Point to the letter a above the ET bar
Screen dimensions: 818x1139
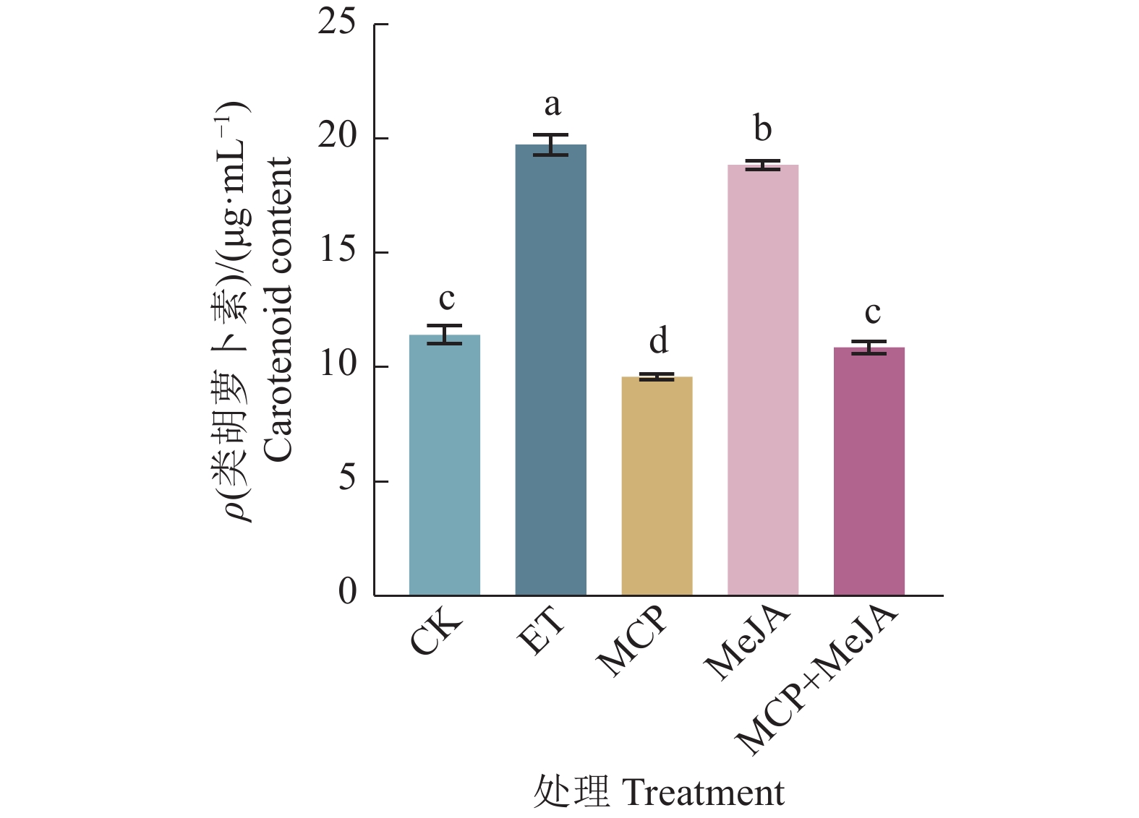(552, 106)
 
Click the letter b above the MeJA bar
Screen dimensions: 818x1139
(762, 129)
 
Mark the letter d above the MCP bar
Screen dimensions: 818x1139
(658, 340)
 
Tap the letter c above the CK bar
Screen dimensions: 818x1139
(446, 298)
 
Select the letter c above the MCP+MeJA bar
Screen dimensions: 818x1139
(872, 312)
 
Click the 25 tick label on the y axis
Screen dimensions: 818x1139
(336, 23)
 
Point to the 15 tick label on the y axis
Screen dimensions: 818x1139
(336, 251)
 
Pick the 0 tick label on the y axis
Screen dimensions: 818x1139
(347, 592)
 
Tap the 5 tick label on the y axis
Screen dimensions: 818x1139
(347, 478)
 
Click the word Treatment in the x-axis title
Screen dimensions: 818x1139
(702, 793)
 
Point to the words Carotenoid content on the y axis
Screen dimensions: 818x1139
(278, 309)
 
